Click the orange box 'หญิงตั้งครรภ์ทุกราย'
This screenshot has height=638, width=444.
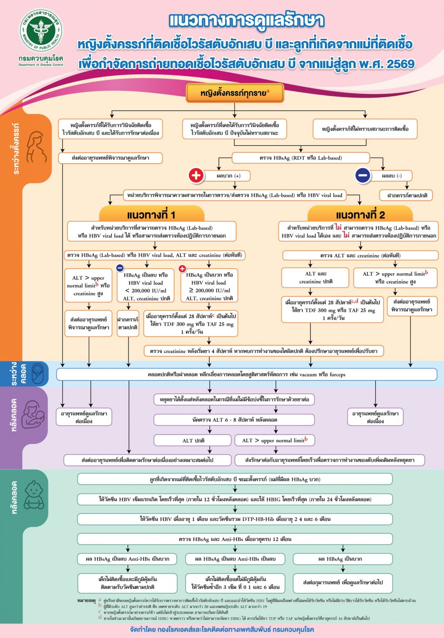pyautogui.click(x=235, y=93)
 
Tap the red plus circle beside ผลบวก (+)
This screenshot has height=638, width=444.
pyautogui.click(x=196, y=175)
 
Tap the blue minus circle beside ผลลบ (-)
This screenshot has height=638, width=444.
pyautogui.click(x=363, y=175)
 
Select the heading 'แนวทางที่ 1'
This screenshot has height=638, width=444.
pyautogui.click(x=152, y=215)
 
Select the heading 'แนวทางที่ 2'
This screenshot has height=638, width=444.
pyautogui.click(x=360, y=215)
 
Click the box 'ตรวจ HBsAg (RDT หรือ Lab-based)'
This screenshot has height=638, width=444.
pyautogui.click(x=300, y=158)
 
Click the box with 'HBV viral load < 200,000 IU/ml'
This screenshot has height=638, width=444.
pyautogui.click(x=146, y=286)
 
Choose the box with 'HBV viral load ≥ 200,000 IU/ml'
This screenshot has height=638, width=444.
pyautogui.click(x=210, y=286)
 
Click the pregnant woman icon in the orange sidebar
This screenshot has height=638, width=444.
pyautogui.click(x=36, y=147)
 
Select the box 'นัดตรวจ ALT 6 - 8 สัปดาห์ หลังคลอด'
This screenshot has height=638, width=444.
pyautogui.click(x=235, y=420)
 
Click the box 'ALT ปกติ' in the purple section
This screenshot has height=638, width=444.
pyautogui.click(x=193, y=440)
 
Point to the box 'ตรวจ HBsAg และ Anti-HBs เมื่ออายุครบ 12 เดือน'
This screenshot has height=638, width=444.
pyautogui.click(x=235, y=539)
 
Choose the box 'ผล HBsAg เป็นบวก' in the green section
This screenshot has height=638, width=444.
pyautogui.click(x=343, y=559)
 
